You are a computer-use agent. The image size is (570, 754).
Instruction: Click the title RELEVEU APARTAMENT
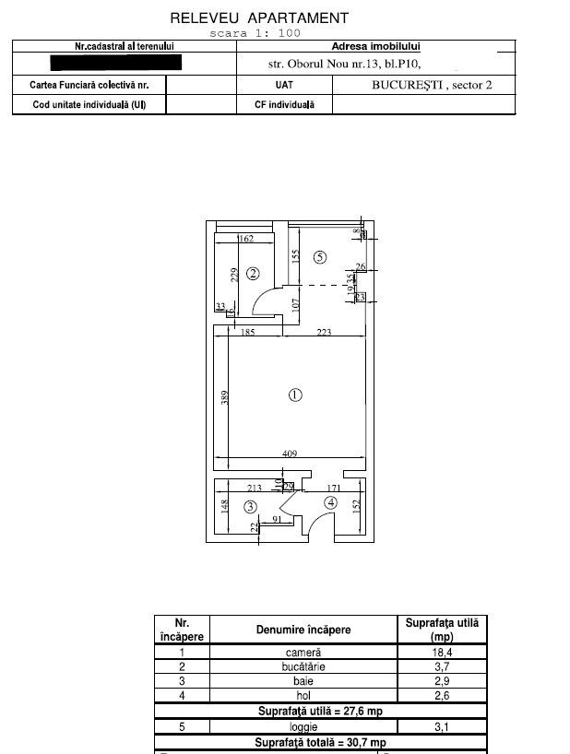click(x=259, y=18)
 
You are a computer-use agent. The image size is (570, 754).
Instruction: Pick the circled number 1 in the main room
click(x=295, y=395)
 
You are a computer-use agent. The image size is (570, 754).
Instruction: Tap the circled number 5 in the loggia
click(x=319, y=257)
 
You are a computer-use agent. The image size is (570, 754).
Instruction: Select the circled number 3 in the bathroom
click(x=249, y=506)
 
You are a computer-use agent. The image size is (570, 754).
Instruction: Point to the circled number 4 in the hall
click(x=330, y=502)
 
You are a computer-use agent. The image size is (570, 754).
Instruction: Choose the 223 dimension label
click(x=323, y=333)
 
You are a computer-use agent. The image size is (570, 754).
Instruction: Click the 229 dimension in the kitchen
click(x=235, y=276)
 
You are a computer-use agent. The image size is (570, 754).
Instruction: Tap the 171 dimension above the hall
click(x=336, y=488)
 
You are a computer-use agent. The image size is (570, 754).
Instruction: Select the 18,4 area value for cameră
click(x=440, y=652)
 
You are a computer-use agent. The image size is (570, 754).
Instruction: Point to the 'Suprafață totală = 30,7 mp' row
click(x=321, y=742)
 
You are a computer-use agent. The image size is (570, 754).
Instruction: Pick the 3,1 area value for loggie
click(x=440, y=726)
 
